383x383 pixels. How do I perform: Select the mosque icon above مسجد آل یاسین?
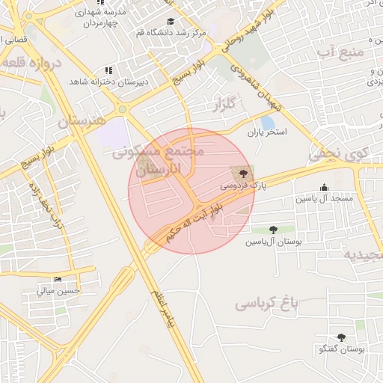[324, 187]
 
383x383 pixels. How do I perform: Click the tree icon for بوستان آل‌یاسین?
[272, 230]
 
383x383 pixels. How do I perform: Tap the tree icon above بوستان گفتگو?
[342, 338]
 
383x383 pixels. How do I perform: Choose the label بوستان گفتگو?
[340, 349]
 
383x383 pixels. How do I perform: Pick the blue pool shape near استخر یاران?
[267, 123]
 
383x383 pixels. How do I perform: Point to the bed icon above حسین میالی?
[58, 280]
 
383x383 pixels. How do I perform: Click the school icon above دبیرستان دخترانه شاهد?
[108, 70]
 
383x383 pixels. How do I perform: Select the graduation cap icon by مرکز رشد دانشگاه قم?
[171, 22]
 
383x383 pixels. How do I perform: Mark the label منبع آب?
[340, 52]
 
